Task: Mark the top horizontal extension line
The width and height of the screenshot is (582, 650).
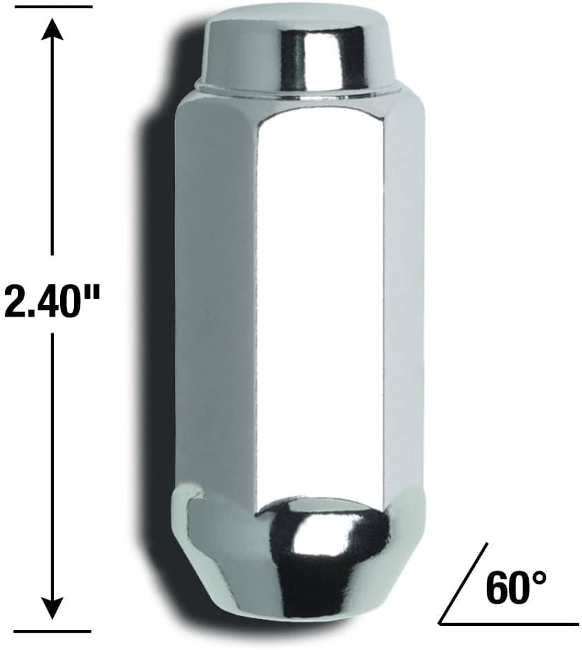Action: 52,7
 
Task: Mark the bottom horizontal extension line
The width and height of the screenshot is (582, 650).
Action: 52,631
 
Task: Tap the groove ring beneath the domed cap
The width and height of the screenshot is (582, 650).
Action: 300,90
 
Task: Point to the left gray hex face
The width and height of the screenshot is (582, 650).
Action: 214,297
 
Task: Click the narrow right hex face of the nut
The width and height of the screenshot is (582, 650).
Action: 404,297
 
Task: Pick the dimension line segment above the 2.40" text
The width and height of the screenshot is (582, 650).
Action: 52,152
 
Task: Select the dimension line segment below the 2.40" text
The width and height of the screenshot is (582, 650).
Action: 52,462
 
